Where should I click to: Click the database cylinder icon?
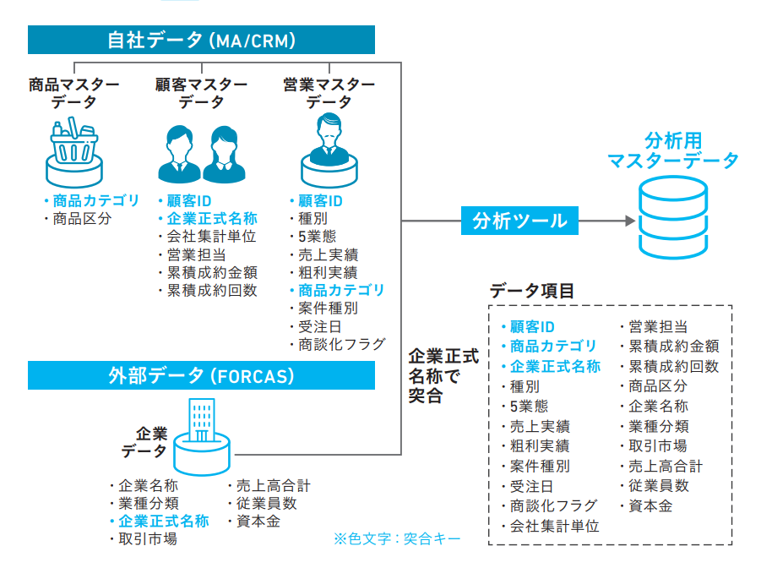tap(673, 220)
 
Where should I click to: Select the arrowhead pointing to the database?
tap(628, 221)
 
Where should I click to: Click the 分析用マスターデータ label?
tap(673, 150)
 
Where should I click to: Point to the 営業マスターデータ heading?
tap(329, 93)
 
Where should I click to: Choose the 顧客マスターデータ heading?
tap(202, 93)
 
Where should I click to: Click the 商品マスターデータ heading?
tap(73, 93)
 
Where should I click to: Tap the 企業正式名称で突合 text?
tap(442, 375)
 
